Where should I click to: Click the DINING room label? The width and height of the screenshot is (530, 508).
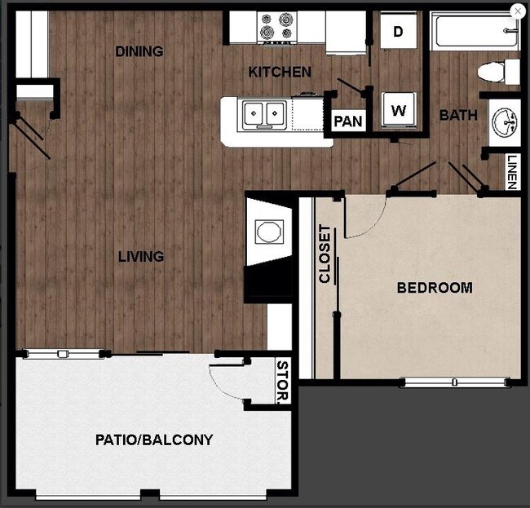coord(139,51)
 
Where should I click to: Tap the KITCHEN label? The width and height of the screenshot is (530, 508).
coord(280,72)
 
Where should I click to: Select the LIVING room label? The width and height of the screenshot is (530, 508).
coord(141,256)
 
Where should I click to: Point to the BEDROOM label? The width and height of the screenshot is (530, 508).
coord(435,287)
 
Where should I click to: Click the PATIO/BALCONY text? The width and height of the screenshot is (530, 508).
coord(154,440)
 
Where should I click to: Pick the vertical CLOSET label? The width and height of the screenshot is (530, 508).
coord(325,254)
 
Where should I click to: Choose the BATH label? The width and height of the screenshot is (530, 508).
coord(458,115)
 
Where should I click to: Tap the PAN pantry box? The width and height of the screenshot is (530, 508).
coord(348,121)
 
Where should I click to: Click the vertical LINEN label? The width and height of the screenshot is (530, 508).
coord(512,172)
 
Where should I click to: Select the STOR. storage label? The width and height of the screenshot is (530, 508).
coord(283,382)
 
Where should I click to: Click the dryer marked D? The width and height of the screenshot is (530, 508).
coord(399,32)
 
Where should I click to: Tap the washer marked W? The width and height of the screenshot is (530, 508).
coord(399,110)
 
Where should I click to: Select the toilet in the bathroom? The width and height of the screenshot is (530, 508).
coord(497,71)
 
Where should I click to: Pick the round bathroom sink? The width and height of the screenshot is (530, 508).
coord(504,123)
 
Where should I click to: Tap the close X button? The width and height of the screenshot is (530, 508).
coord(517,11)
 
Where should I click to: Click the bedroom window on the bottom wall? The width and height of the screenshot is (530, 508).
coord(455,381)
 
